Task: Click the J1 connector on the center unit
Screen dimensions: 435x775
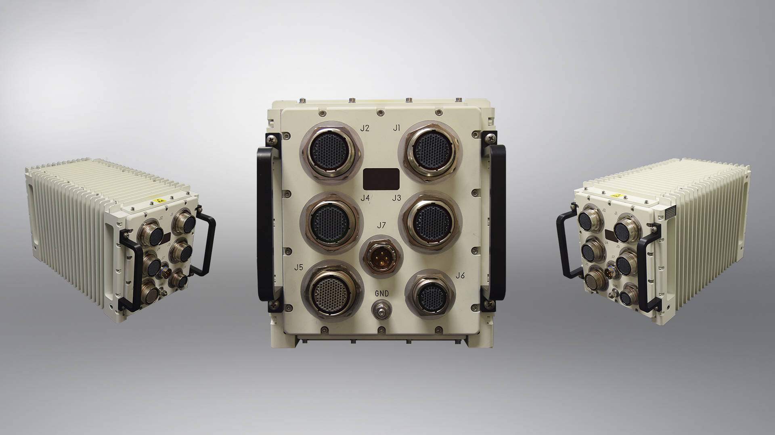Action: pyautogui.click(x=430, y=150)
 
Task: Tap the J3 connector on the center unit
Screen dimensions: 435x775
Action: pyautogui.click(x=430, y=221)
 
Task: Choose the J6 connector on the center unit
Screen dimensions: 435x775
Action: pyautogui.click(x=430, y=298)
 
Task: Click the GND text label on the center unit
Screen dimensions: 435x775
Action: pyautogui.click(x=381, y=293)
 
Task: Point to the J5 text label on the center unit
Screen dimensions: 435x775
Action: pyautogui.click(x=299, y=267)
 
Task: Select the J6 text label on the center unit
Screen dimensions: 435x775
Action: pyautogui.click(x=460, y=275)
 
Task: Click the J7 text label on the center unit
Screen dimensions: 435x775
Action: pyautogui.click(x=381, y=225)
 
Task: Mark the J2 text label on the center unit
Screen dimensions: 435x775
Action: pyautogui.click(x=365, y=128)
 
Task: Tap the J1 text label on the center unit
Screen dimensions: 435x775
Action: pyautogui.click(x=397, y=128)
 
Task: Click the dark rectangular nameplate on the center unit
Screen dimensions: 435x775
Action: pyautogui.click(x=381, y=179)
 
